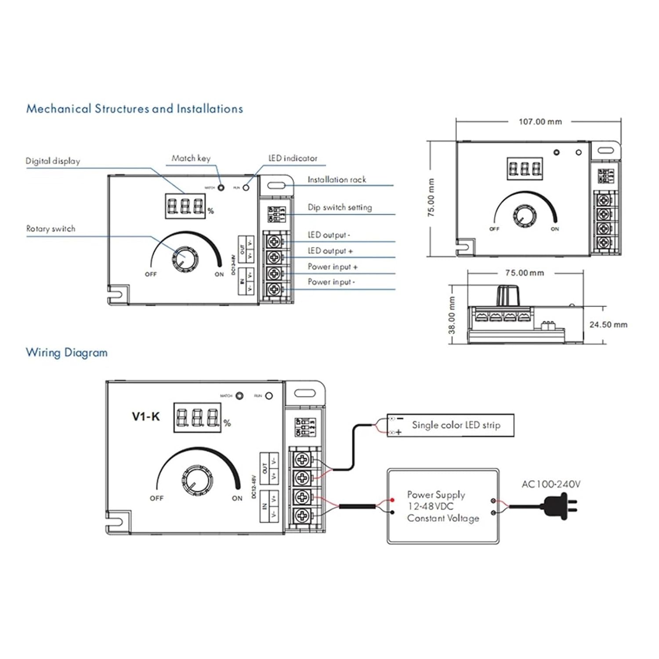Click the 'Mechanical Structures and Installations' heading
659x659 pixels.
pyautogui.click(x=134, y=109)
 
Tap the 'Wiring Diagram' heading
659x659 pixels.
pyautogui.click(x=67, y=352)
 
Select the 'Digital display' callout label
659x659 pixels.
pyautogui.click(x=53, y=161)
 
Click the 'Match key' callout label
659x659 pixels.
pyautogui.click(x=191, y=158)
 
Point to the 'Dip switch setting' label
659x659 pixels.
pyautogui.click(x=340, y=207)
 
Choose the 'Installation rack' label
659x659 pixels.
pyautogui.click(x=337, y=180)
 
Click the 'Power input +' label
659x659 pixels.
pyautogui.click(x=333, y=267)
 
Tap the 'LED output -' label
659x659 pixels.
pyautogui.click(x=329, y=235)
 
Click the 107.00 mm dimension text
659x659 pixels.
pyautogui.click(x=540, y=122)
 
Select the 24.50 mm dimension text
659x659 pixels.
pyautogui.click(x=608, y=325)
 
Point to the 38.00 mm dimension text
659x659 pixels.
pyautogui.click(x=452, y=315)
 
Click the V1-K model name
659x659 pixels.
pyautogui.click(x=146, y=416)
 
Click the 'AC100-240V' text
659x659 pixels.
pyautogui.click(x=551, y=484)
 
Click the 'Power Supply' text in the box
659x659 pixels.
pyautogui.click(x=436, y=495)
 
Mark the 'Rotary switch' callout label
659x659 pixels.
pyautogui.click(x=51, y=229)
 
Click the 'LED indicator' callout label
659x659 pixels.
pyautogui.click(x=293, y=158)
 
